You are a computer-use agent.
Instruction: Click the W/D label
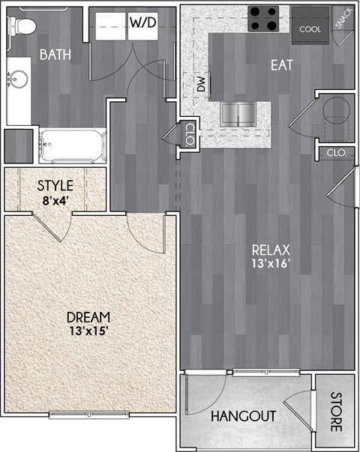coord(142,22)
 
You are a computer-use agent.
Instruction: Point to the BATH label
coord(55,54)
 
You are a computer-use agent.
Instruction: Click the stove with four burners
coord(263,18)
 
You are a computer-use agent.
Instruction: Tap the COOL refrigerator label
coord(310,29)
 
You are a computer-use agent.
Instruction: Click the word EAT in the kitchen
coord(281,65)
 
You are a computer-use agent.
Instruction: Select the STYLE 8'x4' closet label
coord(55,192)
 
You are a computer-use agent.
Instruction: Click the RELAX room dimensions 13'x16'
coord(271,263)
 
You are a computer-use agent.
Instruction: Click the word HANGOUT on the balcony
coord(243,417)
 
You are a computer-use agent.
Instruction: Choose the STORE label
coord(335,415)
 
